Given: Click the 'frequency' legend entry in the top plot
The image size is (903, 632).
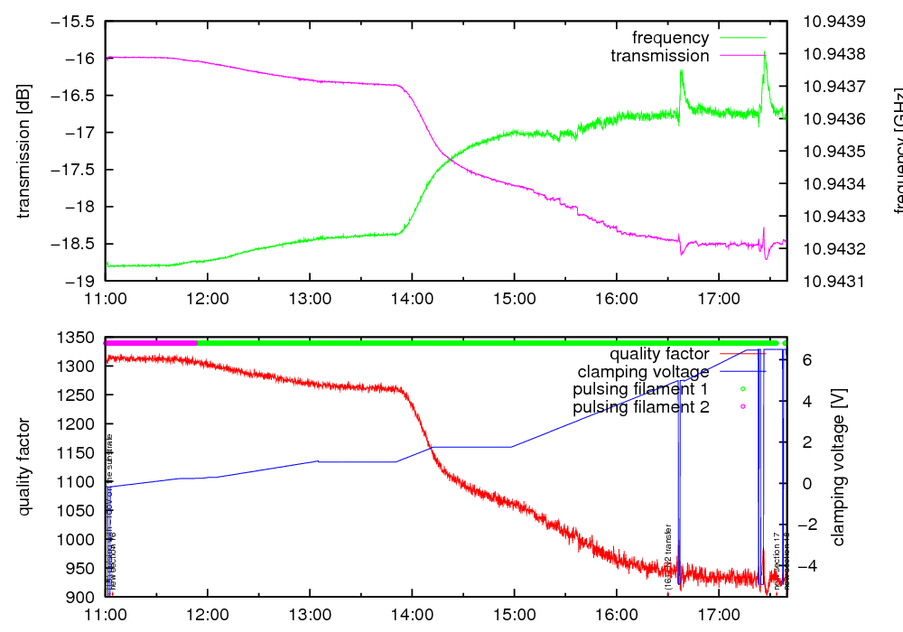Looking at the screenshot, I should coord(670,38).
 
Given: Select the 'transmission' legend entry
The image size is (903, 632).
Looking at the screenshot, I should coord(659,56).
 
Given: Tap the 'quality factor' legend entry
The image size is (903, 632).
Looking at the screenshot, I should coord(659,353).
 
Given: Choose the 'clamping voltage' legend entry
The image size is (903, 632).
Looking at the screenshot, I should coord(643,371).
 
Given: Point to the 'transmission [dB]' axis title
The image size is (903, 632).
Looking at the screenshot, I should coord(24,151).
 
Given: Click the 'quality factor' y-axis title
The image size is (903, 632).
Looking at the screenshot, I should coord(24,467).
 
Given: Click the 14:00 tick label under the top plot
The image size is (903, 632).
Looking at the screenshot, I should coord(412,297).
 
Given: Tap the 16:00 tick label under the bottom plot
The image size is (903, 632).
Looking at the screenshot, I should coord(617,613).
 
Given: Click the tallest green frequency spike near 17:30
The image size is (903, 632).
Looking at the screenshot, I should coord(765,54).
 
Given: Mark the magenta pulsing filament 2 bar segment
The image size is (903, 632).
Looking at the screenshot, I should coord(151,343).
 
